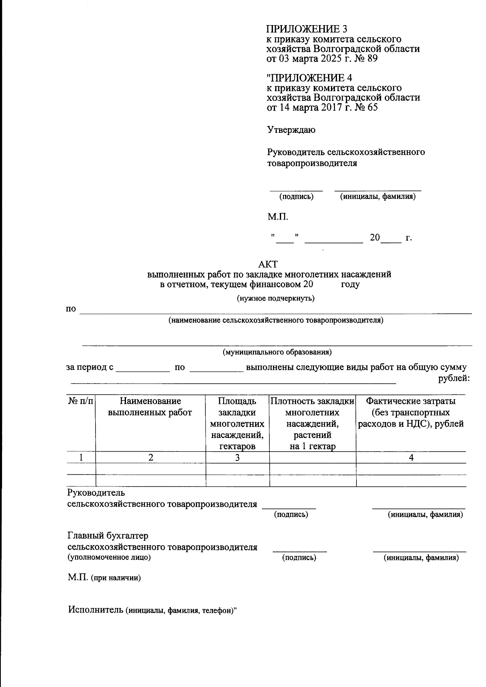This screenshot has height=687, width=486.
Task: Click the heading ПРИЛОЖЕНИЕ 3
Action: click(307, 29)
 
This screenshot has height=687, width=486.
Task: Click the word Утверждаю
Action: click(291, 130)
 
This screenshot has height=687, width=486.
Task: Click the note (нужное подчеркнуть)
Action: click(275, 299)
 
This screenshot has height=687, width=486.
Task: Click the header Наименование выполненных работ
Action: click(150, 407)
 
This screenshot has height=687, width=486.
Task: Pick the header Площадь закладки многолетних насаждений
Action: click(237, 424)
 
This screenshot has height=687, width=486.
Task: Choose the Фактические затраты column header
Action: click(411, 412)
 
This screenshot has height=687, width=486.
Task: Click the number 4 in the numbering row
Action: click(411, 458)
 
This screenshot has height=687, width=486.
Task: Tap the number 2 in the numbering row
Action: click(151, 458)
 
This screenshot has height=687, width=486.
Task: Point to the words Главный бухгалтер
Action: click(108, 536)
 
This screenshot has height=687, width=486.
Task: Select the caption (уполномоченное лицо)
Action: click(109, 557)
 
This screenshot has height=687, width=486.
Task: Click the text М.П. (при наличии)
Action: click(104, 578)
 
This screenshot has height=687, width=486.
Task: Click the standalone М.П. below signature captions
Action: click(277, 217)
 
